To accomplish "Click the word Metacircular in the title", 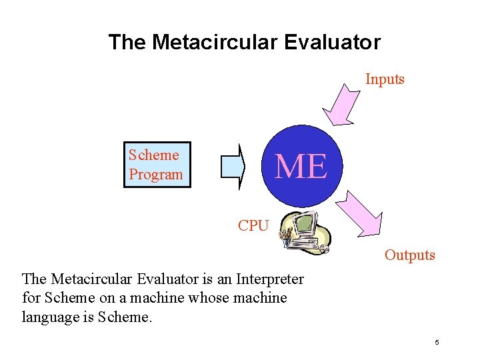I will click(x=214, y=43).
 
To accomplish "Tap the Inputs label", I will click(x=385, y=79).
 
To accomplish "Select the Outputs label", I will click(x=409, y=255).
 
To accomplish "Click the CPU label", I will click(x=253, y=226).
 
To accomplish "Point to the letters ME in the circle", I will click(x=301, y=166).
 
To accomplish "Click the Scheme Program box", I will click(x=157, y=165).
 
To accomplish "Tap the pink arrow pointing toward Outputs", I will click(x=360, y=213).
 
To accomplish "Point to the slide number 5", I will click(x=437, y=343).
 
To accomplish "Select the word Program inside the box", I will click(x=155, y=175).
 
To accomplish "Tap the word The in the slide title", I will click(x=127, y=43).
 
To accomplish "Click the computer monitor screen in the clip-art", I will click(x=303, y=225).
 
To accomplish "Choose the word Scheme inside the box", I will click(x=154, y=155).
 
